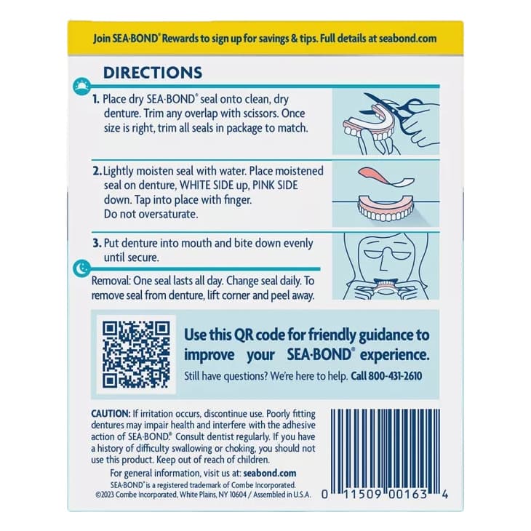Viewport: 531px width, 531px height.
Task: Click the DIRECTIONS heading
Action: click(152, 73)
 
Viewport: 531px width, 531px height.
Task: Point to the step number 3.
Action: click(95, 244)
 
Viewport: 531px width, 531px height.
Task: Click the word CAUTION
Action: click(111, 413)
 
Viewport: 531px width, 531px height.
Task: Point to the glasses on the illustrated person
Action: click(385, 255)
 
